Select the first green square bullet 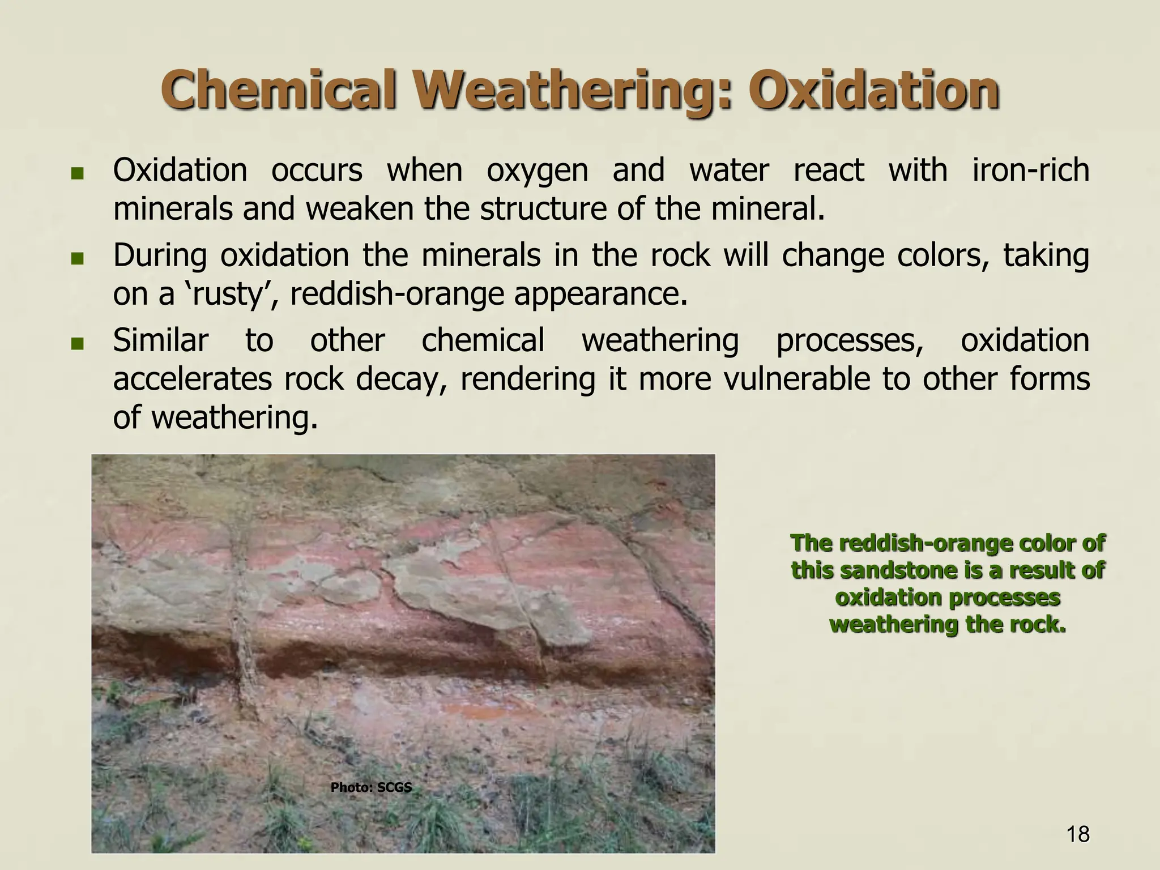tap(78, 173)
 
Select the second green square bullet tap(78, 259)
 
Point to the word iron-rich tap(1030, 170)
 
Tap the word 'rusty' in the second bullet tap(231, 295)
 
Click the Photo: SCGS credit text tap(371, 787)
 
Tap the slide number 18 tap(1077, 834)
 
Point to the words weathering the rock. tap(948, 625)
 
